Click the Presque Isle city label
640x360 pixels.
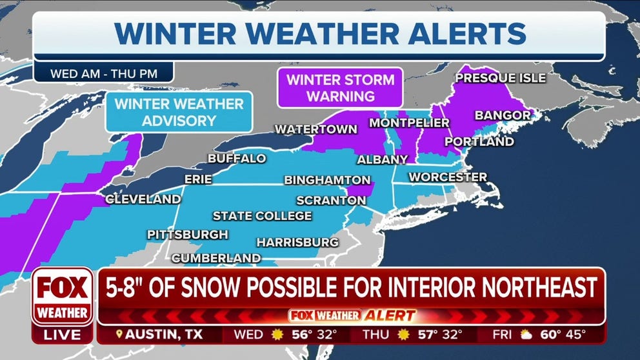(x=500, y=78)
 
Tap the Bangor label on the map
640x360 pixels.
(x=503, y=115)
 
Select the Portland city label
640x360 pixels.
(x=479, y=141)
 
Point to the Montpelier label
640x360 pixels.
(x=409, y=123)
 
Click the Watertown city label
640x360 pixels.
(x=315, y=129)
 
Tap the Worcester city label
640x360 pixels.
(x=448, y=176)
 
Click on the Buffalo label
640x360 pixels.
(x=236, y=158)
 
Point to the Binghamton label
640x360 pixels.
(x=327, y=180)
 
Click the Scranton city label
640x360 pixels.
(x=331, y=201)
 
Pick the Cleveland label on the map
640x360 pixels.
(x=143, y=199)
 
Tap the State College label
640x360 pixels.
(x=262, y=215)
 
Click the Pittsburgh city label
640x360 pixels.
(x=187, y=234)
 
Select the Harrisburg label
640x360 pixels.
(x=297, y=242)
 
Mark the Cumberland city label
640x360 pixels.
(x=216, y=258)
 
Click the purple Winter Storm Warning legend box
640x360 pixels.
(x=340, y=88)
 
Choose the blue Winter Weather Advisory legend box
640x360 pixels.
(x=179, y=112)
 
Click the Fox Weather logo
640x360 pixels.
(x=63, y=295)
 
